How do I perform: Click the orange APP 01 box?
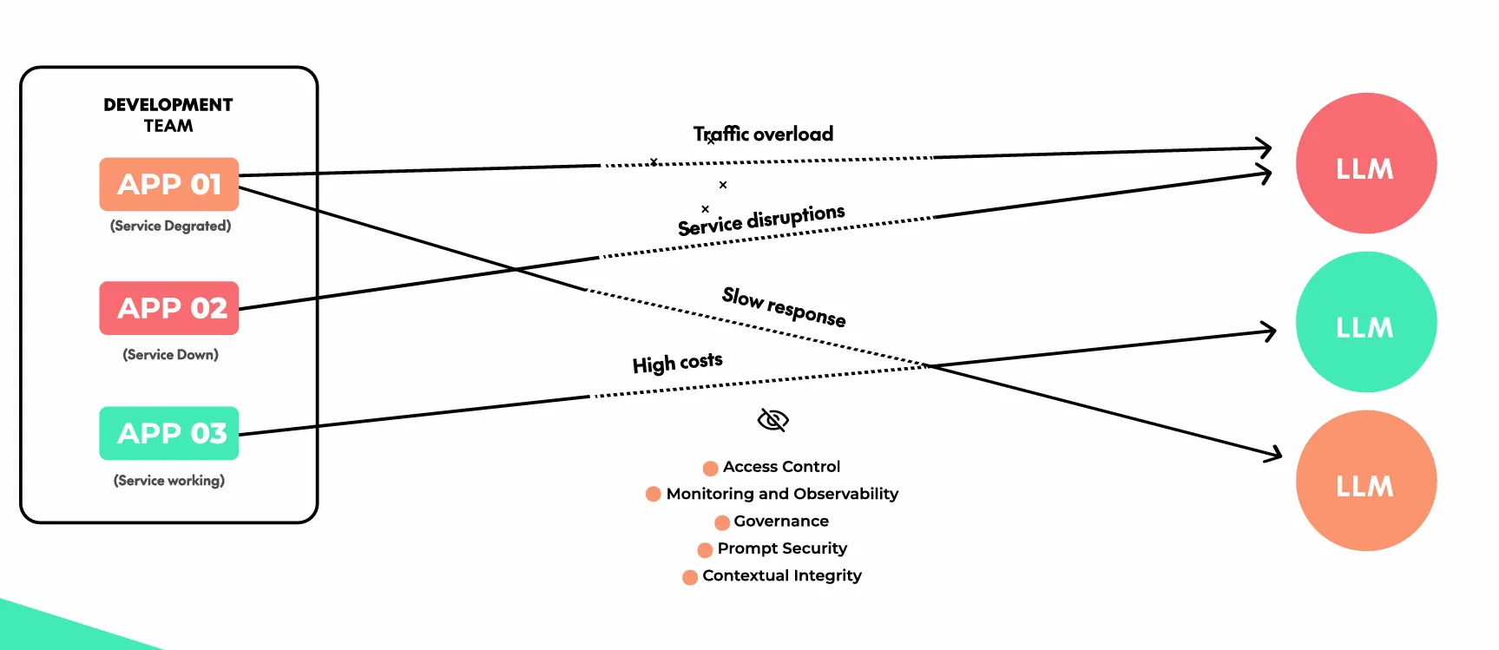coord(169,184)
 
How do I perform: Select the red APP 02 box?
coord(169,308)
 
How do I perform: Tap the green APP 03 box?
coord(169,433)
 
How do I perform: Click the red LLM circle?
coord(1365,163)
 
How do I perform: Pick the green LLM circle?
coord(1365,322)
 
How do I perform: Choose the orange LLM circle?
coord(1365,481)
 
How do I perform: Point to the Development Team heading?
coord(168,115)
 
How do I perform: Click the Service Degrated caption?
coord(170,226)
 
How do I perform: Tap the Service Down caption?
coord(170,354)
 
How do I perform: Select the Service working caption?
coord(169,480)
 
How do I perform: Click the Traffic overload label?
coord(763,134)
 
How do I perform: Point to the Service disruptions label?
coord(761,220)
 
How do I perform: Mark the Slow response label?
coord(784,306)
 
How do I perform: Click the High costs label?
coord(677,362)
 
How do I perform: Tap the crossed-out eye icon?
coord(773,420)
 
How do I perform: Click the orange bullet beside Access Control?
coord(710,468)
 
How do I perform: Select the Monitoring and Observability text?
coord(782,494)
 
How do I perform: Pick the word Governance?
coord(781,521)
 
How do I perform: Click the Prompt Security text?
coord(782,548)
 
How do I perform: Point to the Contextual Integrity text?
coord(782,575)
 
